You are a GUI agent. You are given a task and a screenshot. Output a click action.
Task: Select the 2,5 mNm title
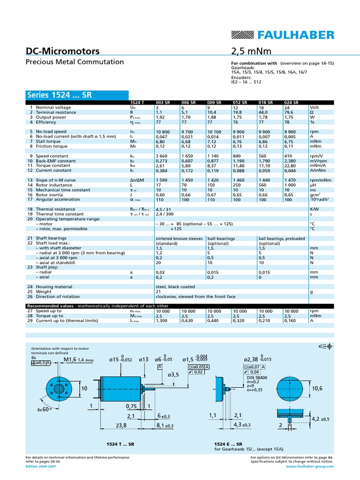point(251,51)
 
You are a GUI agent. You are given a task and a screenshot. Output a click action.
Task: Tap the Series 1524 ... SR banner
point(60,95)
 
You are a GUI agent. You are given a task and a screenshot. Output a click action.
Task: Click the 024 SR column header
point(291,103)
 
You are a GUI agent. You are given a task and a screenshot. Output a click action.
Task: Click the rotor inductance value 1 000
point(291,185)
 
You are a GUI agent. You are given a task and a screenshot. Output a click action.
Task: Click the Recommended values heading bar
point(96,306)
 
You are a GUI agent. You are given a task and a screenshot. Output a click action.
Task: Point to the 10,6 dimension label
point(317,388)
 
